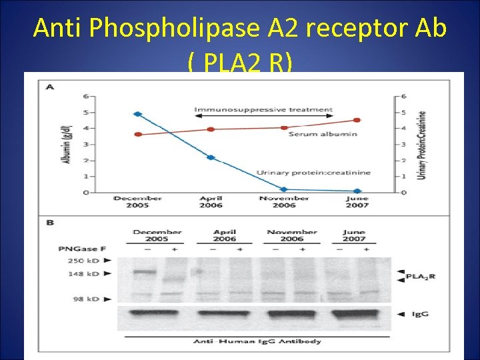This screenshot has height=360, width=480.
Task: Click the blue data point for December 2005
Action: (x=138, y=114)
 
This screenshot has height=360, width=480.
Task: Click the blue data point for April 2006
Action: (x=211, y=157)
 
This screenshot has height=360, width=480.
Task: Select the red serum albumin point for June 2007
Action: (x=357, y=120)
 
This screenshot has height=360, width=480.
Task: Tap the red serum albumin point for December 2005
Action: (x=138, y=134)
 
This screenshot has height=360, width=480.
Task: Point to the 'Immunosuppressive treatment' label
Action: (x=263, y=109)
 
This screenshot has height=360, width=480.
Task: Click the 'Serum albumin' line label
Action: (x=323, y=134)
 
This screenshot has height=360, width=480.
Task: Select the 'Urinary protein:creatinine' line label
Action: (x=313, y=173)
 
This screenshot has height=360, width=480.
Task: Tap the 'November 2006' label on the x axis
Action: (x=283, y=202)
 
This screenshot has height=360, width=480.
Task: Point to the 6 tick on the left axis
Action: (x=85, y=96)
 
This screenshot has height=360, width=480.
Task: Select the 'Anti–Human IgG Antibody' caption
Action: (x=257, y=341)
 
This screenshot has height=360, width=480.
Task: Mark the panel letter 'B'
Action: (x=49, y=223)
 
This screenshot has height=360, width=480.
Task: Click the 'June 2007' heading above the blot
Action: (x=354, y=235)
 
